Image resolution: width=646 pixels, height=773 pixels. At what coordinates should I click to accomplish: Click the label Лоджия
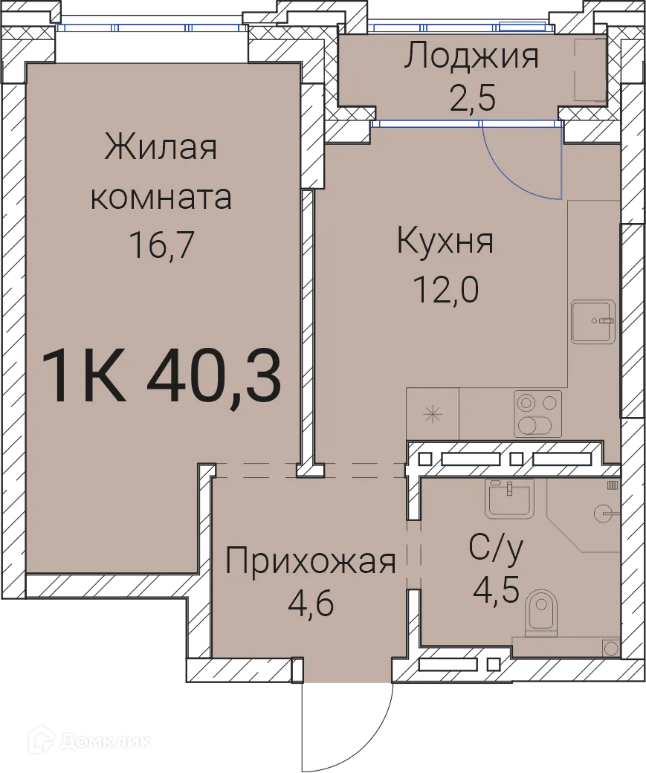coord(471,57)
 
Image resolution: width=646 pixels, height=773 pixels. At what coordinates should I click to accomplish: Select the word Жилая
coord(161,147)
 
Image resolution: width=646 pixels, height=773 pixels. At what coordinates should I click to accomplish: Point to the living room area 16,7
coord(161,244)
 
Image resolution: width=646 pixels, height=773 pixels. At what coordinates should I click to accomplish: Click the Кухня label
coord(445,242)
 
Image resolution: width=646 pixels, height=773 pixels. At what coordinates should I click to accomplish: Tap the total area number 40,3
coord(213,377)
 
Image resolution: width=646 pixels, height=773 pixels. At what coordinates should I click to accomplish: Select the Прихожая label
coord(310,561)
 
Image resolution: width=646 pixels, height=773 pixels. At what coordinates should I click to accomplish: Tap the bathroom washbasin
coord(511,497)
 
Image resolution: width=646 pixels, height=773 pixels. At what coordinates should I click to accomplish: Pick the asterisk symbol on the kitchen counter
coord(433,414)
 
